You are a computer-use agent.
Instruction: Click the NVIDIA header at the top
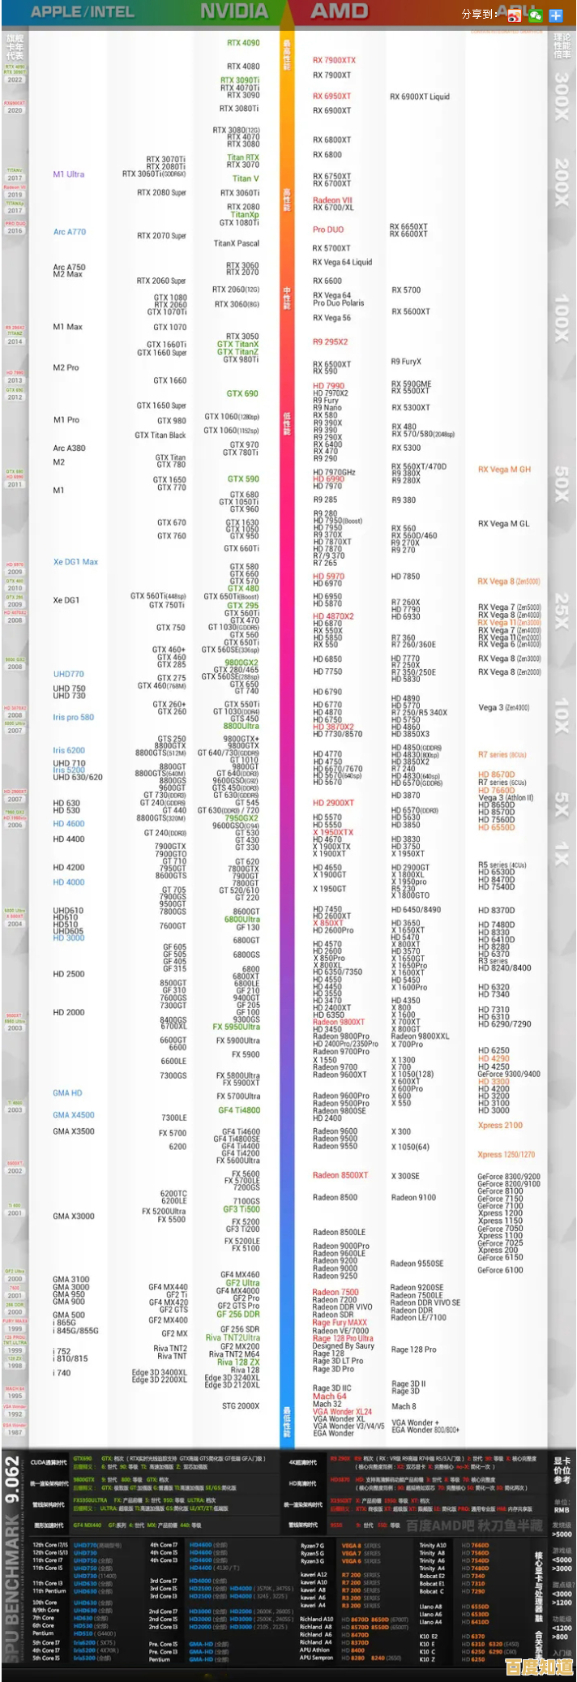pos(234,11)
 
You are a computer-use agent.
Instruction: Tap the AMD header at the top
pos(340,11)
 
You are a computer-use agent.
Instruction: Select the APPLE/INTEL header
pos(82,11)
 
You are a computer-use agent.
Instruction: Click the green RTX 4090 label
pos(243,43)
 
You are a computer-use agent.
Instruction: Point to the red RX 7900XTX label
pos(334,60)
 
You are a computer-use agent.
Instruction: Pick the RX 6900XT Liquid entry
pos(419,97)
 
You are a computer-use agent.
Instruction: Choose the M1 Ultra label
pos(69,174)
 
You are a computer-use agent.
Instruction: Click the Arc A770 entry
pos(70,232)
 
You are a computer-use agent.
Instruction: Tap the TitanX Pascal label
pos(236,243)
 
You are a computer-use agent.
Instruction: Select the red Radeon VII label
pos(332,200)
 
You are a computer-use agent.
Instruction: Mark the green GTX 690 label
pos(242,393)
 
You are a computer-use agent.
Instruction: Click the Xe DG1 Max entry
pos(75,561)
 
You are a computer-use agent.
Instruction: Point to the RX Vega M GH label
pos(504,470)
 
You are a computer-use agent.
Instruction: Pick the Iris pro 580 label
pos(74,717)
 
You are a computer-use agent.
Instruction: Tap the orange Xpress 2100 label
pos(500,1125)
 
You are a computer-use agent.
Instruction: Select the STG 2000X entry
pos(241,1405)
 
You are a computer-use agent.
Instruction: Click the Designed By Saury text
pos(344,1345)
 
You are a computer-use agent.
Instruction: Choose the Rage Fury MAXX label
pos(340,1323)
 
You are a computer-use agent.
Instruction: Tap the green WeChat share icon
pos(535,15)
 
